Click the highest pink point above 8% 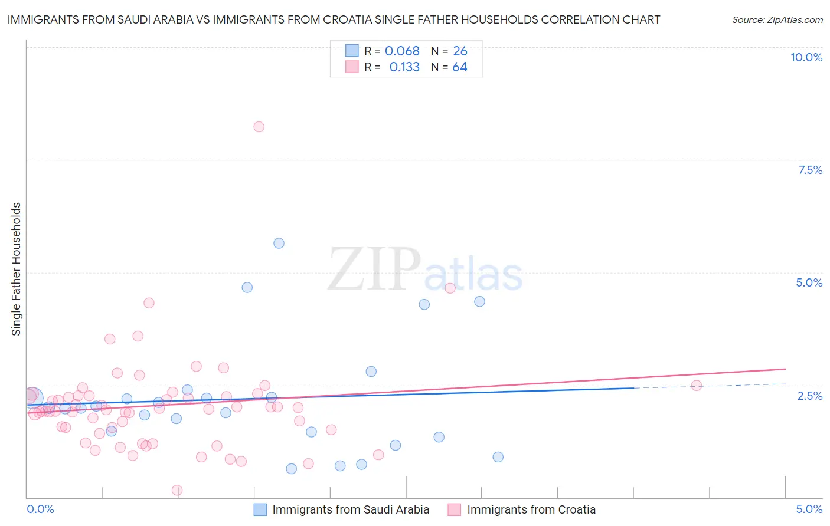(x=259, y=127)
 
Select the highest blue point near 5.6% (x=279, y=243)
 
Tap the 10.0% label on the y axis (x=806, y=57)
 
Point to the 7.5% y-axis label (x=810, y=170)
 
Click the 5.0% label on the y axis (x=809, y=282)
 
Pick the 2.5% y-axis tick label (x=810, y=396)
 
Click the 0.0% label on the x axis (x=40, y=509)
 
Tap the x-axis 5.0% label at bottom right (x=809, y=509)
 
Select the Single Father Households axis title (x=17, y=269)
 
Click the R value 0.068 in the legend (x=402, y=51)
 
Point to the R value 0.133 (x=404, y=67)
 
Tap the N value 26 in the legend (x=460, y=51)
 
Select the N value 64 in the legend (x=460, y=67)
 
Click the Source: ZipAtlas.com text (x=777, y=20)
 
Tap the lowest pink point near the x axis (x=177, y=490)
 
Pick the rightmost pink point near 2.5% (x=697, y=386)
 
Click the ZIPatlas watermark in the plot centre (x=425, y=270)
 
